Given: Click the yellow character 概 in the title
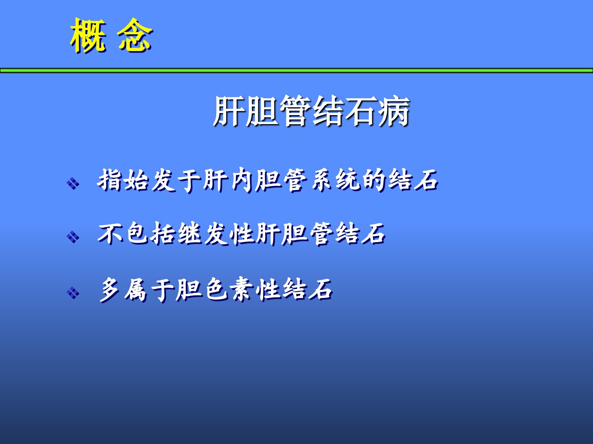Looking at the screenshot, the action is click(x=88, y=35).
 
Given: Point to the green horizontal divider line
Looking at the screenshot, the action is click(x=296, y=71).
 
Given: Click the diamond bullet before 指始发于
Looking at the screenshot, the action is click(x=73, y=184).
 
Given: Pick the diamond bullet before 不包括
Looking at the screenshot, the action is click(x=73, y=237).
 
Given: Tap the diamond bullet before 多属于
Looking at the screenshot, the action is click(x=73, y=293).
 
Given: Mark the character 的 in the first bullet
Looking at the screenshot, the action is click(x=374, y=180).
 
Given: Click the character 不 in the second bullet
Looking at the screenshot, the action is click(x=110, y=234).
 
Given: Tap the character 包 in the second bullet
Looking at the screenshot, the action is click(x=137, y=234).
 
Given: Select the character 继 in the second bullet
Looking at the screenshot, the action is click(x=189, y=234).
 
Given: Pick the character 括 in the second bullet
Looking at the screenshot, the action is click(x=163, y=234).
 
